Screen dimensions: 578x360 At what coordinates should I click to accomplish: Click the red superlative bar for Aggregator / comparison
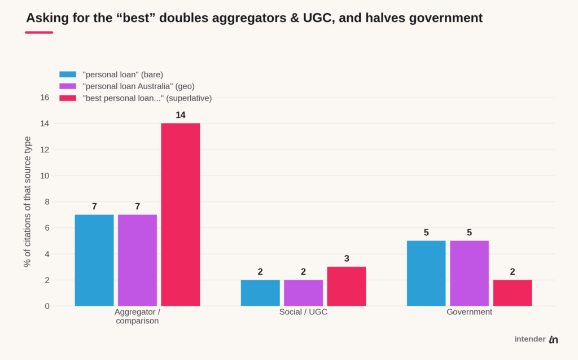tap(181, 214)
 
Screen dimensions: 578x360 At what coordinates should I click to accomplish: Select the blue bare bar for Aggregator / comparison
tap(94, 260)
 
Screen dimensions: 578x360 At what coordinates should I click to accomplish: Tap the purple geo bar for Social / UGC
tap(303, 293)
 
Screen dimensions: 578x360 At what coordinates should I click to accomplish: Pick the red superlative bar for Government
tap(513, 293)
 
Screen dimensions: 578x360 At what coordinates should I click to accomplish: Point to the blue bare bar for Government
tap(426, 274)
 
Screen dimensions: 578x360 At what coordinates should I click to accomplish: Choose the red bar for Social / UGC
tap(347, 286)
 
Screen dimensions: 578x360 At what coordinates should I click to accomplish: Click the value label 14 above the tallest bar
tap(181, 115)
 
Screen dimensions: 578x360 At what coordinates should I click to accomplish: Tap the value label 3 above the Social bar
tap(347, 258)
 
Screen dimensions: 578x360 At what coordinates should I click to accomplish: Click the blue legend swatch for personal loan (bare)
tap(68, 74)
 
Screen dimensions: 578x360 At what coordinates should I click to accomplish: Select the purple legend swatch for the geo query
tap(68, 86)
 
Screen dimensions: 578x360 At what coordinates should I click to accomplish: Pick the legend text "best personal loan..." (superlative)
tap(147, 98)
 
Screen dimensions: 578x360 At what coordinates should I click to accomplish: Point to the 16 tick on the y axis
tap(45, 98)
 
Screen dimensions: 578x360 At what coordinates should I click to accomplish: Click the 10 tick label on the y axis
tap(45, 175)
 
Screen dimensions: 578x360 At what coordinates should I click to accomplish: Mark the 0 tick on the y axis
tap(47, 306)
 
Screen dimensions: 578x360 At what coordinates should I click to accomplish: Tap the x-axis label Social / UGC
tap(303, 311)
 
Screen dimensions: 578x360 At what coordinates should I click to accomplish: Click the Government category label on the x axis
tap(469, 311)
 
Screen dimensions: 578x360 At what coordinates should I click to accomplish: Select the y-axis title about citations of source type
tap(27, 201)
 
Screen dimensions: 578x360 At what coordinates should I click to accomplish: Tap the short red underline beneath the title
tap(39, 32)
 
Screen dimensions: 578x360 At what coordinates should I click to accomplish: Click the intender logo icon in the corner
tap(553, 339)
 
